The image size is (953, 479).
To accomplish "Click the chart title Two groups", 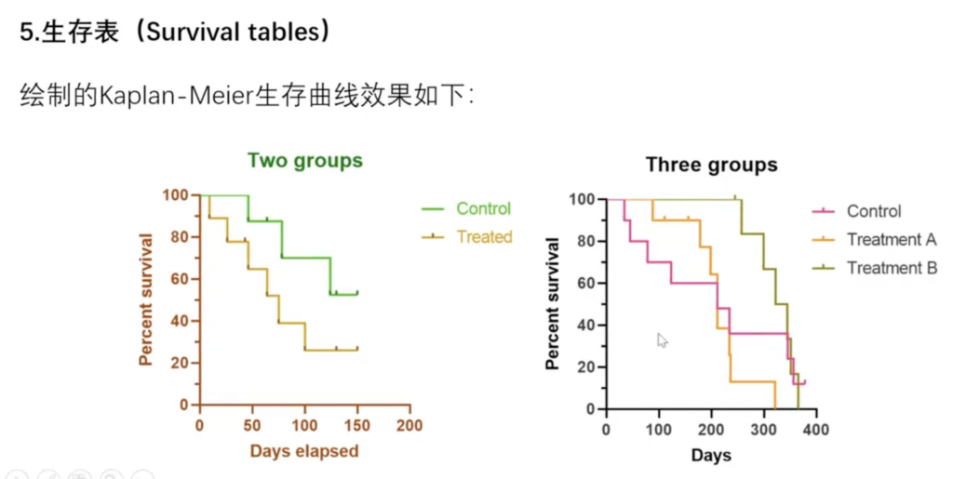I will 304,161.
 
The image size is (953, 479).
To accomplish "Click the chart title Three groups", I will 712,166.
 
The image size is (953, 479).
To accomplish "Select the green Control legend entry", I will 483,208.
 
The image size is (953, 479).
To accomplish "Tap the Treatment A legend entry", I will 891,240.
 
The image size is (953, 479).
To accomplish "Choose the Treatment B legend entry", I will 891,268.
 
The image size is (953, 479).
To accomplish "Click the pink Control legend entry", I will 873,211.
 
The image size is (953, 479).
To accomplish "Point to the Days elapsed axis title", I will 303,452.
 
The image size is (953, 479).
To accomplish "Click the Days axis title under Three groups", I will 711,456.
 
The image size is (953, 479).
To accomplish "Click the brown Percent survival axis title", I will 146,299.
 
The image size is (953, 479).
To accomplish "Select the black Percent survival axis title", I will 553,303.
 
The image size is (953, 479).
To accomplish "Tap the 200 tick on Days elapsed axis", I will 409,425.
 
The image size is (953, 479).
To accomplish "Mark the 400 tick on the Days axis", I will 816,430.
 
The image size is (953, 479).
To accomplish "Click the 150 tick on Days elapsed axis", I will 356,425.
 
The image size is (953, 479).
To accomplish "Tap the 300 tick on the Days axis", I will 764,430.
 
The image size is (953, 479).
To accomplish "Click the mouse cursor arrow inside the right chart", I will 662,339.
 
